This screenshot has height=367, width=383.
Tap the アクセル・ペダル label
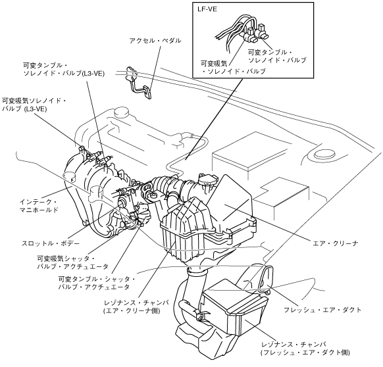pyautogui.click(x=155, y=41)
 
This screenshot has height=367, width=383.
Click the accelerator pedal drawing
pyautogui.click(x=138, y=82)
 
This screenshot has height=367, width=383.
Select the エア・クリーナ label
pyautogui.click(x=335, y=243)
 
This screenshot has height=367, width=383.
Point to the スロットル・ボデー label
pyautogui.click(x=50, y=243)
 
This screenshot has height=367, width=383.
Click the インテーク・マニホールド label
pyautogui.click(x=39, y=206)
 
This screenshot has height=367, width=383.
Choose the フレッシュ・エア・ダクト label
pyautogui.click(x=322, y=310)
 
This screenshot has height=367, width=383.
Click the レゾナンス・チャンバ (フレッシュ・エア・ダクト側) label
pyautogui.click(x=305, y=349)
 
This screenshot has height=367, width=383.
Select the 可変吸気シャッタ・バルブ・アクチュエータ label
pyautogui.click(x=72, y=262)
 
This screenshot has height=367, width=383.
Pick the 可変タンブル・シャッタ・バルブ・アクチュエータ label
pyautogui.click(x=97, y=283)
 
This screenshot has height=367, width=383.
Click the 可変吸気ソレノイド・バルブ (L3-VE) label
pyautogui.click(x=34, y=105)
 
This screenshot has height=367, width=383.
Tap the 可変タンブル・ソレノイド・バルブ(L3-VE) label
pyautogui.click(x=64, y=70)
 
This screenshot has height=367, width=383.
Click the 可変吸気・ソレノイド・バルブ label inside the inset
pyautogui.click(x=233, y=68)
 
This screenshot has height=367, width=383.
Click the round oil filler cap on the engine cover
pyautogui.click(x=121, y=112)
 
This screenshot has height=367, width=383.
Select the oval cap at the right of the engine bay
pyautogui.click(x=324, y=155)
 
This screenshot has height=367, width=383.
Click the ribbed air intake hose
pyautogui.click(x=176, y=187)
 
